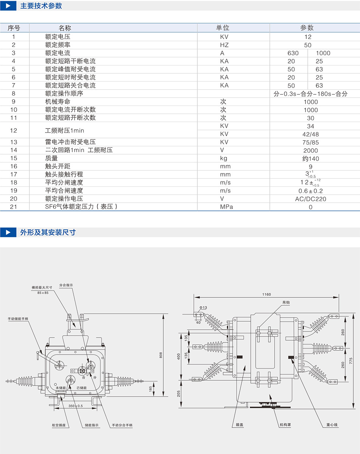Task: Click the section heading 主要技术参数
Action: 41,6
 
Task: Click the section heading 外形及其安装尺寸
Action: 48,232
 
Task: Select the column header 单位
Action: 222,28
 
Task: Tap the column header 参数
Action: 307,28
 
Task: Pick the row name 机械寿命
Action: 57,102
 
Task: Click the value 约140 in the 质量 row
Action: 310,158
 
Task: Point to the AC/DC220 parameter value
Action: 310,199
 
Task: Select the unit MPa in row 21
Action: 227,207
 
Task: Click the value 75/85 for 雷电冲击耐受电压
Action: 310,142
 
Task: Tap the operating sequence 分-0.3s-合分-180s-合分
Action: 310,94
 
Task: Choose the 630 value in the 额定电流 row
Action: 293,53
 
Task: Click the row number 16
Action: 14,166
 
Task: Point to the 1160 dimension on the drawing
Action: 266,294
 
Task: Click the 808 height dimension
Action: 160,355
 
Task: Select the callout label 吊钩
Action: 286,303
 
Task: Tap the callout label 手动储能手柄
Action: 18,319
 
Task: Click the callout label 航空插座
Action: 59,425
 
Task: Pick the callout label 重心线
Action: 332,425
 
